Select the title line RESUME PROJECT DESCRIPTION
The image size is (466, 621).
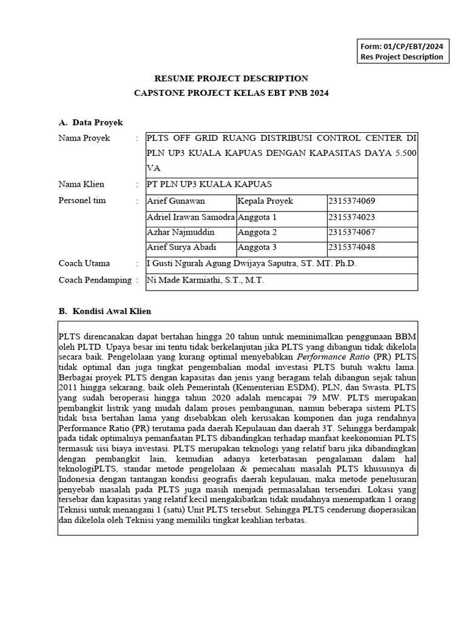[x=231, y=78]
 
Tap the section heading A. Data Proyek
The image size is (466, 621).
[x=90, y=123]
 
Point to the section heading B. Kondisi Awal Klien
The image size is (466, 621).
[x=104, y=311]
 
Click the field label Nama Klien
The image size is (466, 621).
[x=81, y=184]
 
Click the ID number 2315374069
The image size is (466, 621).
[x=351, y=201]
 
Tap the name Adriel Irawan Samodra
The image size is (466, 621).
[x=191, y=217]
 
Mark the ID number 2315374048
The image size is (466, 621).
[x=351, y=247]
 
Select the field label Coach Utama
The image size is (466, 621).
[x=84, y=264]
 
